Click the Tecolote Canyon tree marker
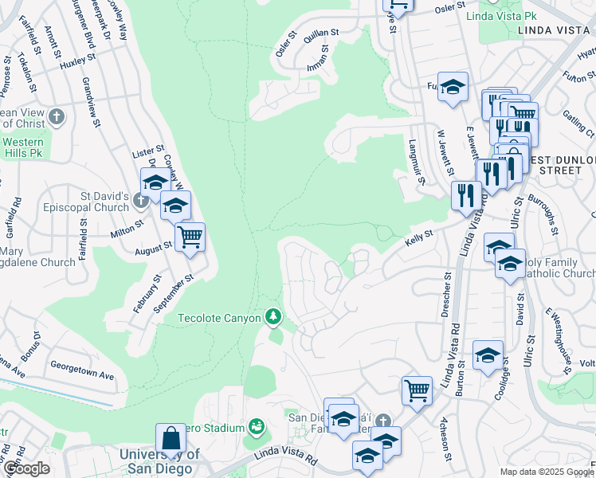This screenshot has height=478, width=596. pos(273,317)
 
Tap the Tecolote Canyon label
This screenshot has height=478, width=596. pos(219,318)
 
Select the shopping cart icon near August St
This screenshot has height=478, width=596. pos(190,237)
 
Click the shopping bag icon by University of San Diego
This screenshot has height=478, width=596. pos(171,438)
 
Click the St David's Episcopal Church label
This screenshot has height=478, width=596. pos(88,202)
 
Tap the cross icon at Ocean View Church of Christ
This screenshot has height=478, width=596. pos(55,118)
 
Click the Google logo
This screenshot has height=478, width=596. pos(28,468)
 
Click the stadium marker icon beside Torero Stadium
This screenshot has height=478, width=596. pos(257,428)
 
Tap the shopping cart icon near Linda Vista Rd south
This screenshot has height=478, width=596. pos(416,391)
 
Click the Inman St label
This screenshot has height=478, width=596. pos(323,59)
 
